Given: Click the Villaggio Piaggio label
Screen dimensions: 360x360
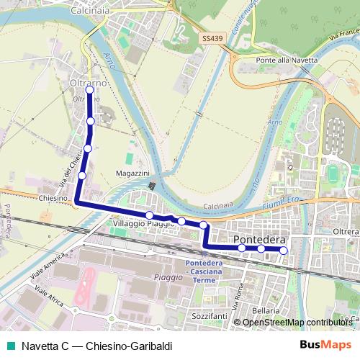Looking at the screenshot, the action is click(x=145, y=224).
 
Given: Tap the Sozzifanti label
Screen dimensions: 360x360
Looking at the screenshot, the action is click(x=210, y=315).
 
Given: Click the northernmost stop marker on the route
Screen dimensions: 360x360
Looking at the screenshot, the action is click(x=89, y=90).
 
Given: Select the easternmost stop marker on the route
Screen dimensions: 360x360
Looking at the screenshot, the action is click(x=284, y=250).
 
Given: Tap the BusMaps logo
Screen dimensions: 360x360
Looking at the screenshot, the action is click(x=326, y=345).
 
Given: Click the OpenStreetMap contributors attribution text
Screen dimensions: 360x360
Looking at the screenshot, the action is click(x=298, y=323).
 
